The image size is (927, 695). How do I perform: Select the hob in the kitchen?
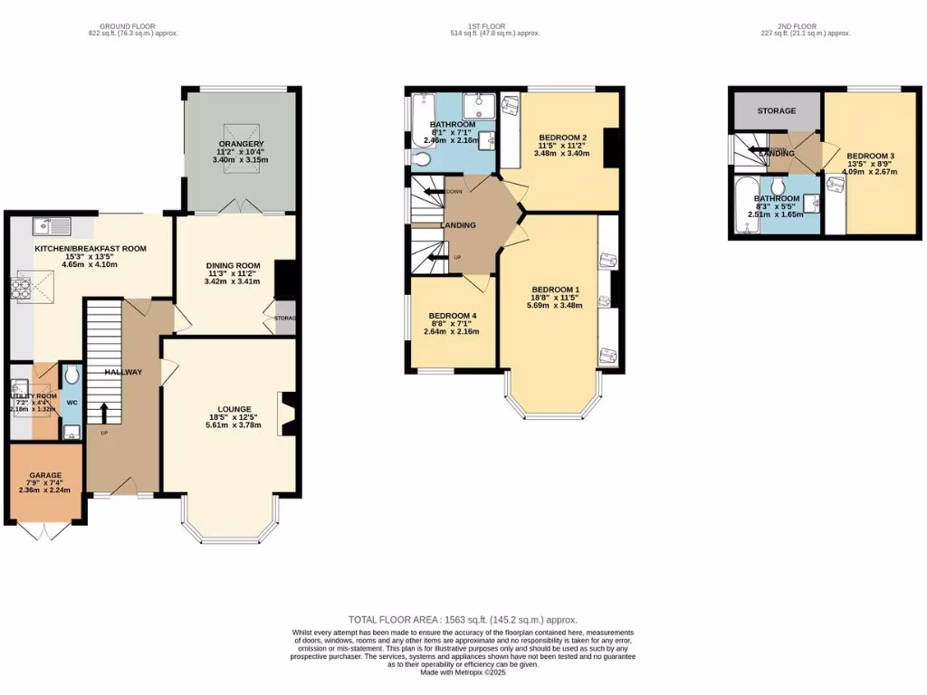20,289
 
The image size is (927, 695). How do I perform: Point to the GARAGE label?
44,475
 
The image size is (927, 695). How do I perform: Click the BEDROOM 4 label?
452,315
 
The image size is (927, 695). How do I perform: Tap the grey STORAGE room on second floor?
777,110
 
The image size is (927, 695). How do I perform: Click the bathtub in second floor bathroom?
745,206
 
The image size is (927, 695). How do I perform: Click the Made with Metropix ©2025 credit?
463,671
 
